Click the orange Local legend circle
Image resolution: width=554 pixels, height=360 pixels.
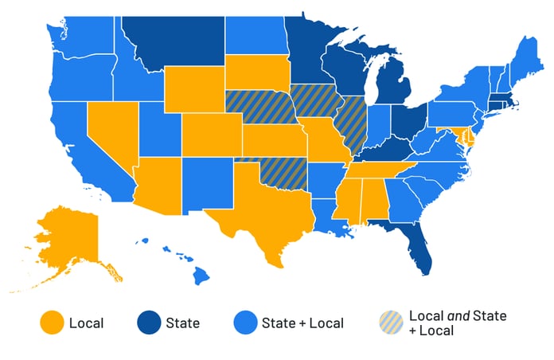[53, 323]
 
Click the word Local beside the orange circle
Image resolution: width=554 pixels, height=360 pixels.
[87, 323]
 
